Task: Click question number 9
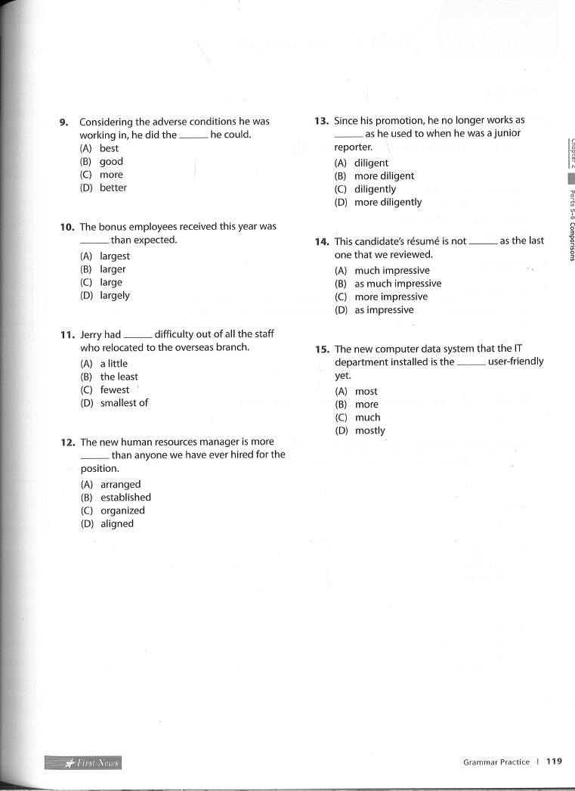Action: coord(64,122)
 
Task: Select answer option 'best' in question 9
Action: coord(109,148)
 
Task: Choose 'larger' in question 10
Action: coord(113,269)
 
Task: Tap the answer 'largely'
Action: coord(115,296)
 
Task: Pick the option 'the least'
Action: coord(119,377)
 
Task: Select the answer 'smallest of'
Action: coord(124,403)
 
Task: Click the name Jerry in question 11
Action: coord(91,335)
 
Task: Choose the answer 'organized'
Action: coord(122,510)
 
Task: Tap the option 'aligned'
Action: coord(117,523)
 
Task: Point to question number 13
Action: coord(321,120)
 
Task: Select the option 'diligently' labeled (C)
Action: coord(375,189)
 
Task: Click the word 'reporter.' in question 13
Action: coord(354,147)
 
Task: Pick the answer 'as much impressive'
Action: coord(397,284)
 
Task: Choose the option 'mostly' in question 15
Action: coord(369,430)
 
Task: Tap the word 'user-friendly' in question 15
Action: coord(515,361)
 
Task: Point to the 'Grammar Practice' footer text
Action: coord(496,762)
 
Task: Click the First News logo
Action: coord(83,762)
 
